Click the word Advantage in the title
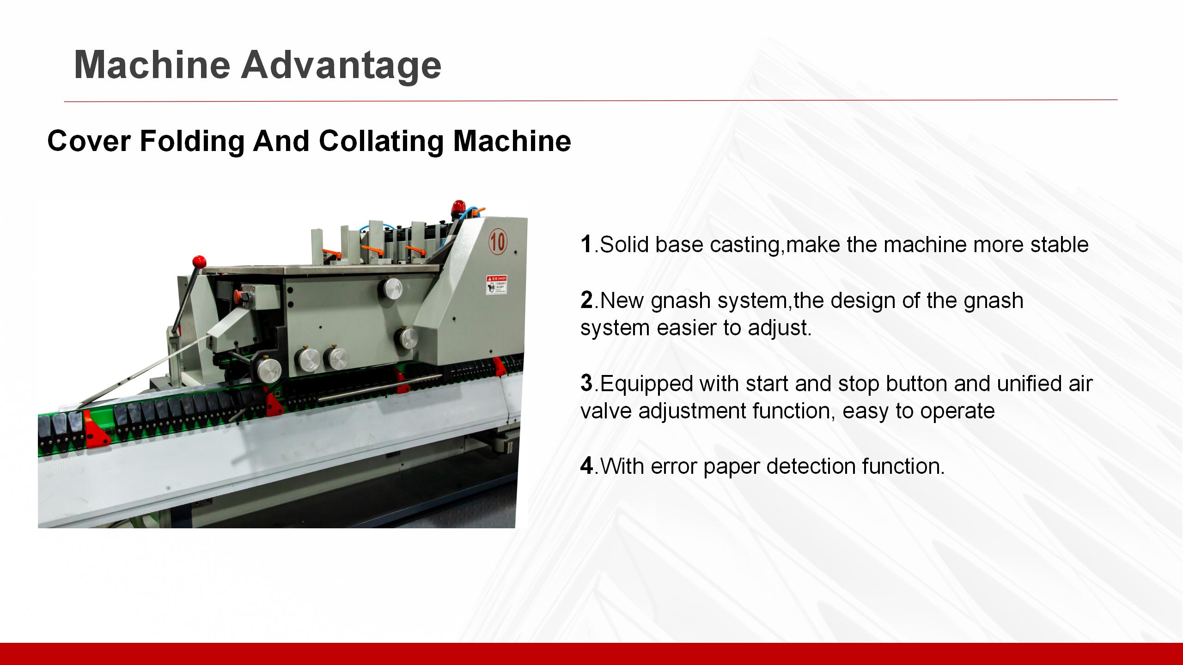point(341,65)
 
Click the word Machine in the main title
point(152,65)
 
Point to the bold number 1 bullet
point(586,244)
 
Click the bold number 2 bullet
point(586,300)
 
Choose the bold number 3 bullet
point(586,383)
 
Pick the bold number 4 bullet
point(586,466)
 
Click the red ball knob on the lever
point(199,261)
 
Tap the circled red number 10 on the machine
point(498,241)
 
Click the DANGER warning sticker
point(496,285)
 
